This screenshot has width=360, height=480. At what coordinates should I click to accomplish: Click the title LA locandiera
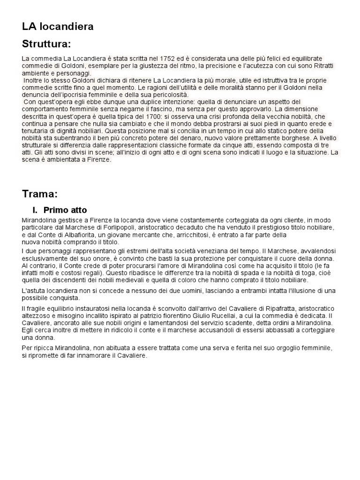coord(58,27)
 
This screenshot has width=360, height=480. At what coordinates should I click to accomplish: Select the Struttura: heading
coord(46,45)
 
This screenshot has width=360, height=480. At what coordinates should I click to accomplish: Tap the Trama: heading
coord(40,194)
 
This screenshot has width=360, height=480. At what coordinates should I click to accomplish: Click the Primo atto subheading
coord(65,210)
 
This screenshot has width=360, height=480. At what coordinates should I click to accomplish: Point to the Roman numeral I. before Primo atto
coord(35,210)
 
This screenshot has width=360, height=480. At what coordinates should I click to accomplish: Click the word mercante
coord(148,235)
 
